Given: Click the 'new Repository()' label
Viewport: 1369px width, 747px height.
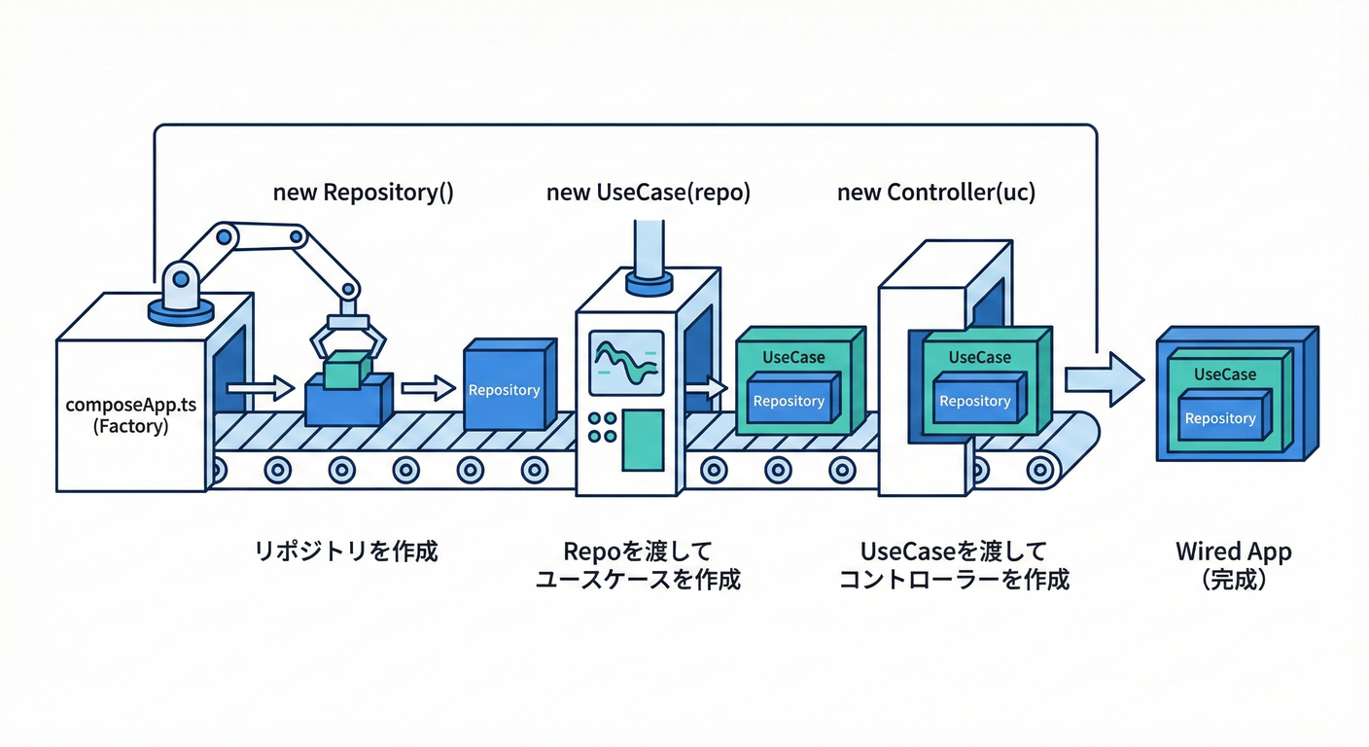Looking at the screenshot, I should pos(363,193).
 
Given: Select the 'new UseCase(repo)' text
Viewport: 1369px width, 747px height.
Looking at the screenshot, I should pos(648,193).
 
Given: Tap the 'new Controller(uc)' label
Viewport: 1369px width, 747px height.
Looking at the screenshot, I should pos(935,193).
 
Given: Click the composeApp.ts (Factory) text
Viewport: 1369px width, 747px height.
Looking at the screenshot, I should pos(130,414).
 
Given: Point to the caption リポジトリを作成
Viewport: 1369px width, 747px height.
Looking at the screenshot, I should pos(346,551).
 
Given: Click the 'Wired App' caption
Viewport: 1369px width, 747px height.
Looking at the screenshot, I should pos(1233,551).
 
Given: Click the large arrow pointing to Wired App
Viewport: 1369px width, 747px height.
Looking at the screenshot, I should pos(1105,378).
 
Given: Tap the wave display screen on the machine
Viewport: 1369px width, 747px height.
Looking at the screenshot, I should pos(627,362).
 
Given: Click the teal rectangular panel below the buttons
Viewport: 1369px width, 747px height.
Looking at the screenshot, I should pos(643,441).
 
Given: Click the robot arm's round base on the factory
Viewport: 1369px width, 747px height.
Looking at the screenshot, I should pos(181,310).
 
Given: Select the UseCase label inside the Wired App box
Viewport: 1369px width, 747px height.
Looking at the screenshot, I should pos(1224,374).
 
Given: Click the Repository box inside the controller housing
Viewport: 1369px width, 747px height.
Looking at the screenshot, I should pos(975,401).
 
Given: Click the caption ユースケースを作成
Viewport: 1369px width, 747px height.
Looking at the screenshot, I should pos(638,580).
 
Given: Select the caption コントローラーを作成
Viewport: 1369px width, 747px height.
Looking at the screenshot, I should pos(954,580).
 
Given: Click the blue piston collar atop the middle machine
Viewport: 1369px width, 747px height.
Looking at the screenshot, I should pos(649,282).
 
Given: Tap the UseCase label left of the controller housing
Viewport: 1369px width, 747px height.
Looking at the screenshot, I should pos(793,357).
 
